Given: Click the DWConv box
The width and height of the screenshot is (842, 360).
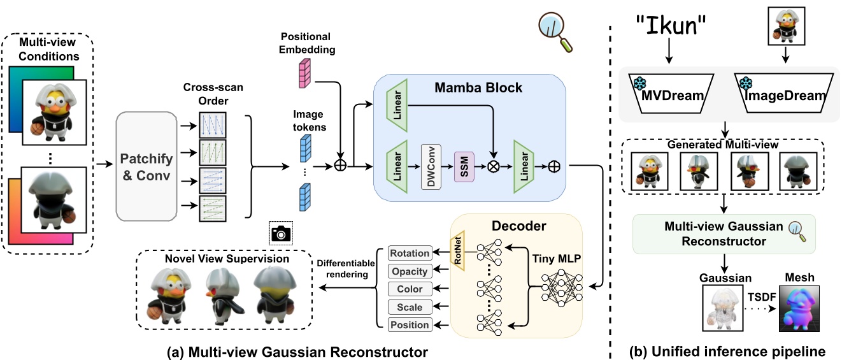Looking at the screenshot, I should click(431, 166).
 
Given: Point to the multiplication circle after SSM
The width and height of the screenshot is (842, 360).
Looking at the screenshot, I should click(492, 167).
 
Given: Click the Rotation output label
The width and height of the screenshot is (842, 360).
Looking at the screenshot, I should click(410, 253).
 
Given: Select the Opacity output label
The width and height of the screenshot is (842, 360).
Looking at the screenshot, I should click(410, 271).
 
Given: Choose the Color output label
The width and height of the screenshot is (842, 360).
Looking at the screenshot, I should click(410, 289).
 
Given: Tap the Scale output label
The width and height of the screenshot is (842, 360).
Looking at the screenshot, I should click(410, 306).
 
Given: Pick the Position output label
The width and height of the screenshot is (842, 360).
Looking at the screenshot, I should click(410, 324).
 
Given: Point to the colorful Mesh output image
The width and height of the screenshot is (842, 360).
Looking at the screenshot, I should click(799, 308).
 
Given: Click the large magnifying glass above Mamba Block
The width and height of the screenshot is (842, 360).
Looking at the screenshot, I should click(555, 31).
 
